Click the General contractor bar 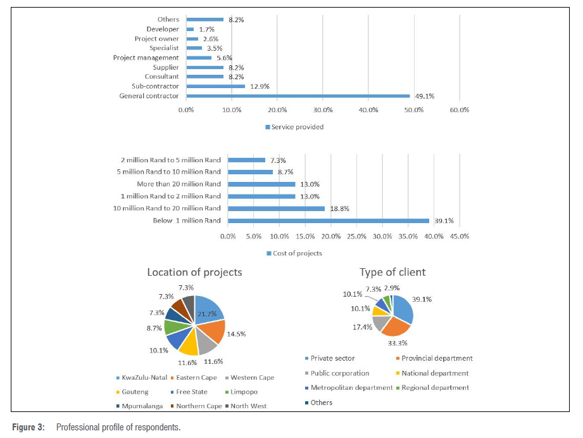(298, 96)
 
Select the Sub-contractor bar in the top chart (215, 86)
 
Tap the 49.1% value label (424, 96)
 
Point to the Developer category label (163, 29)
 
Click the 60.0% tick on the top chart (460, 110)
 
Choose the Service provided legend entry (294, 127)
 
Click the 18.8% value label (337, 209)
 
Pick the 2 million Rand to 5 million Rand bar (246, 160)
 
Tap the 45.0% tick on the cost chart (460, 236)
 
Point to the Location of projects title (194, 273)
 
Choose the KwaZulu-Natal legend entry (143, 377)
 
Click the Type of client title (392, 273)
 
